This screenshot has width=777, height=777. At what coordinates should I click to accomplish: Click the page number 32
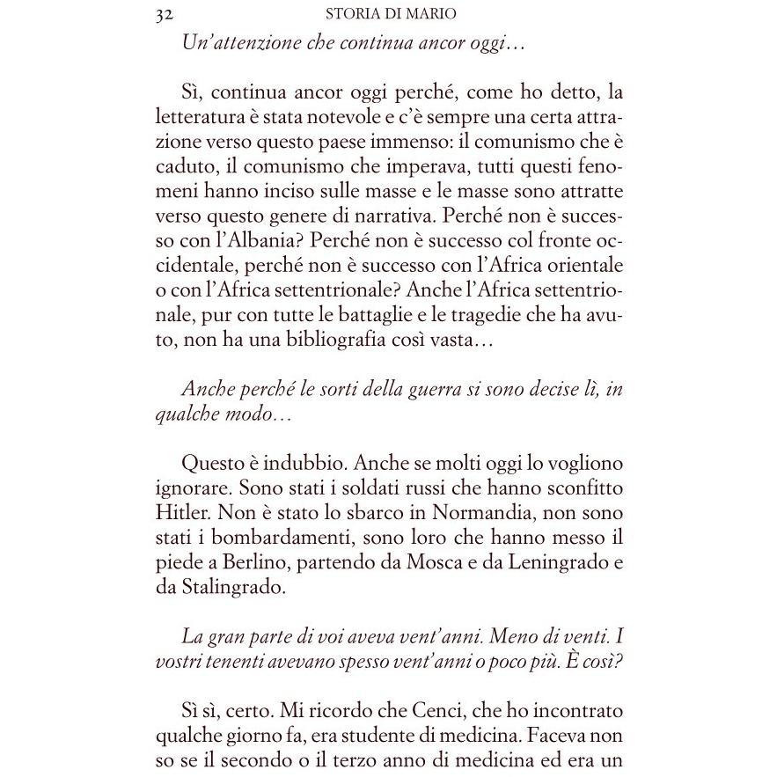tap(162, 14)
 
